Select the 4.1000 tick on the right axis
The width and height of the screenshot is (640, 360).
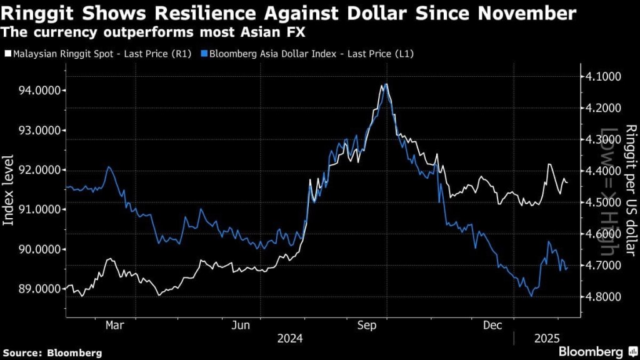[x=603, y=76]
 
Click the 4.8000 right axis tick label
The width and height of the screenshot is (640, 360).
[x=603, y=296]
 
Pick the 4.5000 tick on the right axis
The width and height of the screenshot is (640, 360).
[x=603, y=202]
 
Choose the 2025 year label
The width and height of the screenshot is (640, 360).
[x=546, y=339]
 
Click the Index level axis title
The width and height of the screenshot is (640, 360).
[x=9, y=191]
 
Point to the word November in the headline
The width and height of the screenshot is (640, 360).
[x=529, y=13]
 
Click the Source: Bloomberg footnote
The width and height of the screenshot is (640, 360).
[x=51, y=352]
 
